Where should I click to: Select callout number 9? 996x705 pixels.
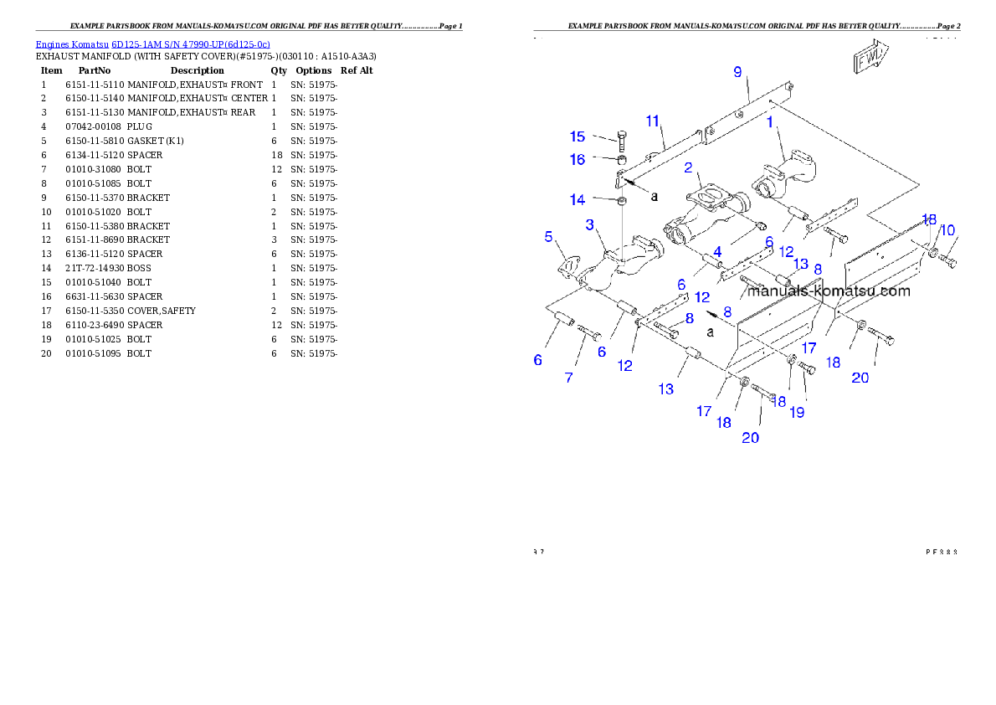point(737,72)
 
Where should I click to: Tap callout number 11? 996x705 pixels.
point(653,121)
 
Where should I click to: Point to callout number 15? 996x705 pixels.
point(578,136)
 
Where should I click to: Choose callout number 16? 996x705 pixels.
point(578,159)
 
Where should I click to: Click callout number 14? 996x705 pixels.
point(578,199)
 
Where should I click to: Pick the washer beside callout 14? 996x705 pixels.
point(623,202)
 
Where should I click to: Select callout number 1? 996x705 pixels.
point(769,122)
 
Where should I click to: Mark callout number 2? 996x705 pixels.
point(688,167)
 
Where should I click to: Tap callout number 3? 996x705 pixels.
point(590,224)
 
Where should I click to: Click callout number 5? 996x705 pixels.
point(549,237)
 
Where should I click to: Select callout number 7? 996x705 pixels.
point(569,378)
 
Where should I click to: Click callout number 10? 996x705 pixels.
point(947,230)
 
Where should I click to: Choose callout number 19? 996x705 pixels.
point(797,412)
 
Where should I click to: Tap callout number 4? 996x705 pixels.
point(717,250)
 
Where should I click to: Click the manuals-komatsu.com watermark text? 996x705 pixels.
point(829,291)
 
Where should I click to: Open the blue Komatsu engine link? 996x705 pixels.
point(152,44)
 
